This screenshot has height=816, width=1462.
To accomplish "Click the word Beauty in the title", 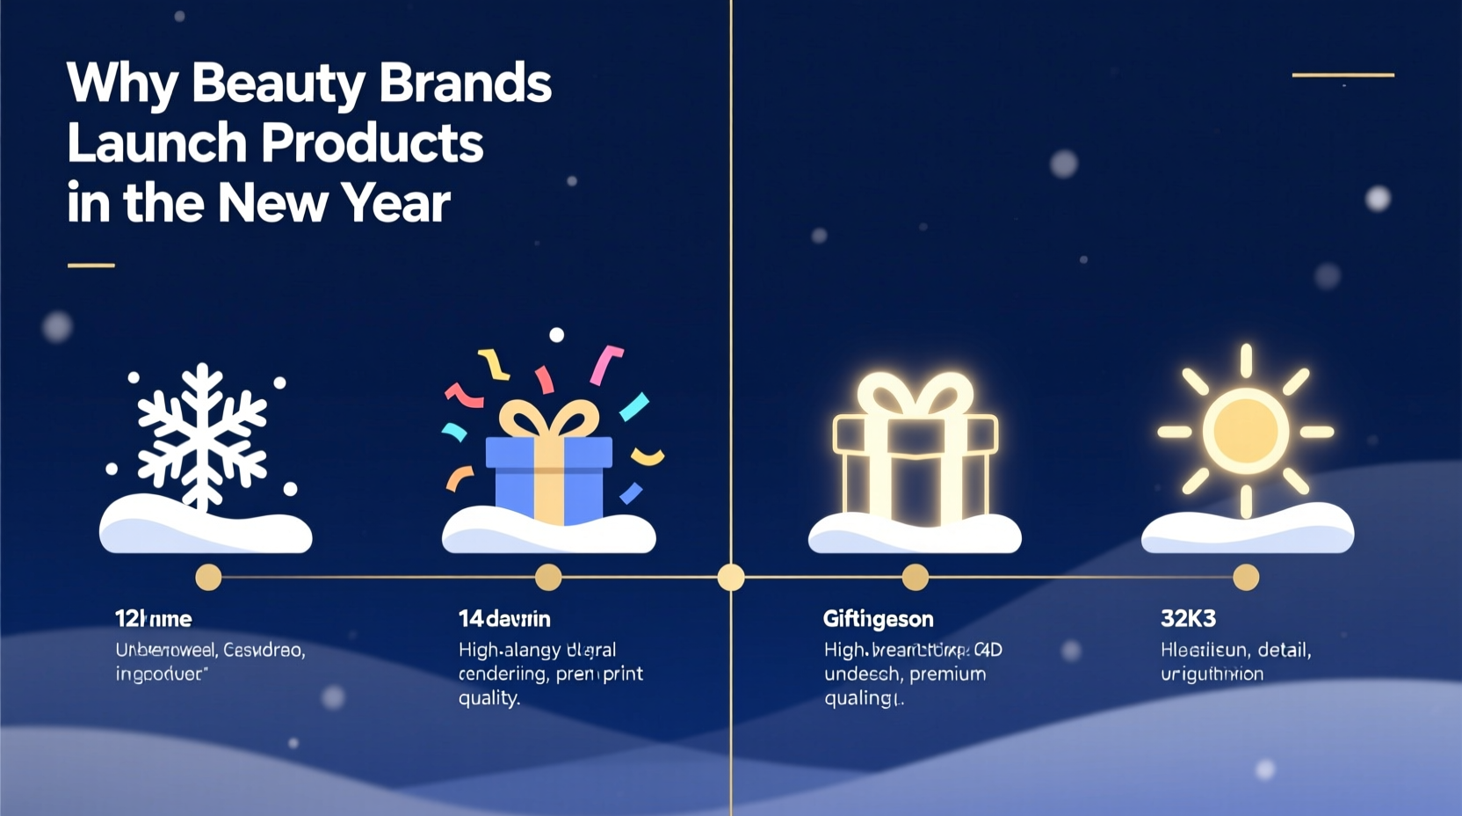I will pyautogui.click(x=278, y=84).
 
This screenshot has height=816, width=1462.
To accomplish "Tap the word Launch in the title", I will pyautogui.click(x=156, y=143).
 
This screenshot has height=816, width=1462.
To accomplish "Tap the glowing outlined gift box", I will pyautogui.click(x=915, y=453).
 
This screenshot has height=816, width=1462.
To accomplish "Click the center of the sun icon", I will pyautogui.click(x=1245, y=432).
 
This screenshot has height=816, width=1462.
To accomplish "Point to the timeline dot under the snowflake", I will pyautogui.click(x=208, y=578).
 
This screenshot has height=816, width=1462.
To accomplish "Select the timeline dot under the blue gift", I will pyautogui.click(x=548, y=578).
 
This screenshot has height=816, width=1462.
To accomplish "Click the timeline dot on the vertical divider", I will pyautogui.click(x=731, y=578).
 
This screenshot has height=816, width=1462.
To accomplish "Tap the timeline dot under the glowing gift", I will pyautogui.click(x=915, y=578).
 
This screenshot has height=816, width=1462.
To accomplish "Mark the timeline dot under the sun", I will pyautogui.click(x=1246, y=578).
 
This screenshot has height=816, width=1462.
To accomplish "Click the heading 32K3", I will pyautogui.click(x=1188, y=619).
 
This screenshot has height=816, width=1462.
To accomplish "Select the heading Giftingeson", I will pyautogui.click(x=878, y=619).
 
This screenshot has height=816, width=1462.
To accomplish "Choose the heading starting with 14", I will pyautogui.click(x=504, y=619).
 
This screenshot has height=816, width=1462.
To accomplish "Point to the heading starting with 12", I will pyautogui.click(x=153, y=619).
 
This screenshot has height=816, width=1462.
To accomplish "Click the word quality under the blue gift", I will pyautogui.click(x=489, y=698).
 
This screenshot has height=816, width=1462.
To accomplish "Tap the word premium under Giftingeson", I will pyautogui.click(x=947, y=674).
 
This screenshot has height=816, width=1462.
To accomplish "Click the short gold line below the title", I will pyautogui.click(x=91, y=265).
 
